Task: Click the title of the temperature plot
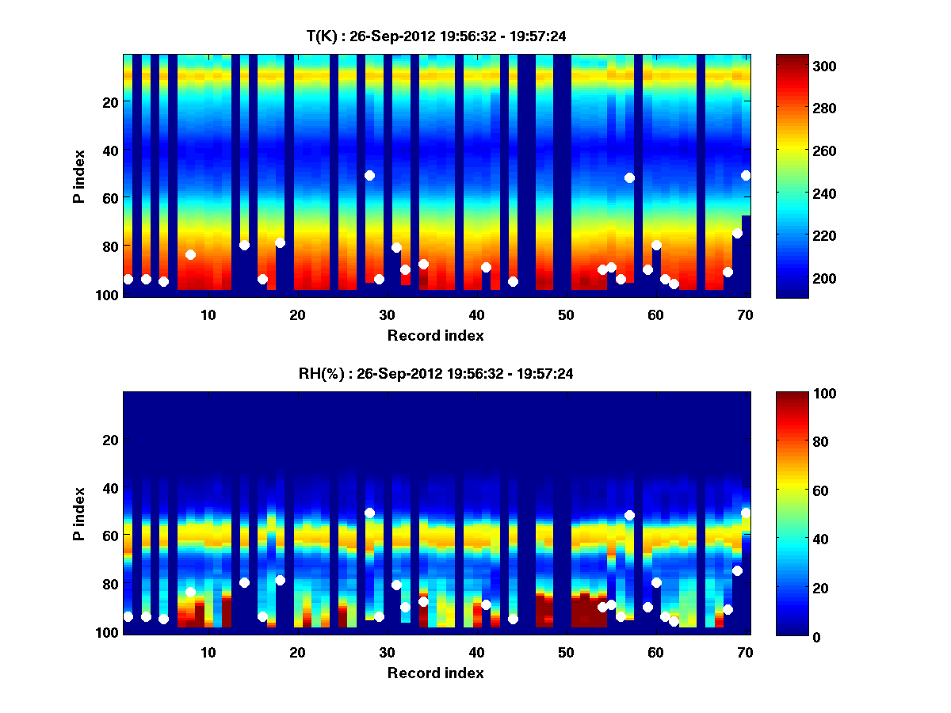tap(436, 36)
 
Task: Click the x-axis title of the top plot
tap(436, 335)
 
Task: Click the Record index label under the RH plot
tap(436, 673)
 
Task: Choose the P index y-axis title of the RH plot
tap(79, 513)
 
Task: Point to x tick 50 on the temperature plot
tap(566, 315)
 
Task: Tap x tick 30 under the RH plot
tap(387, 652)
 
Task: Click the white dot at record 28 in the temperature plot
tap(369, 175)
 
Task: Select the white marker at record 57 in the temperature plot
tap(629, 177)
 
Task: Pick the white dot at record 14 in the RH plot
tap(244, 582)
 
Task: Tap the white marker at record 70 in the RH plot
tap(746, 513)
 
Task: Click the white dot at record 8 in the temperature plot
tap(190, 254)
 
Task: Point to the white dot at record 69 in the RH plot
tap(737, 570)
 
